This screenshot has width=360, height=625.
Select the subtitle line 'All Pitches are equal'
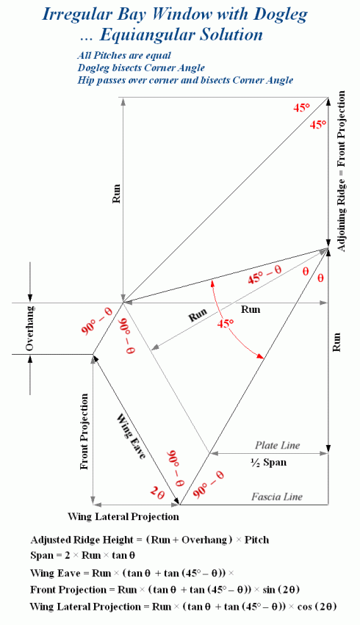point(124,56)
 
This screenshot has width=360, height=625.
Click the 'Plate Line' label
point(278,445)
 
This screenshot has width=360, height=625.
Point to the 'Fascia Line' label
point(277,496)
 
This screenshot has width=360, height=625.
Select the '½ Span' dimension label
point(268,463)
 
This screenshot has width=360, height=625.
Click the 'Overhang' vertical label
point(29,328)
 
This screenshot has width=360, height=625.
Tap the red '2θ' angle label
point(157,494)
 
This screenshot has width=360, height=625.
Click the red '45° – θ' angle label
point(264,275)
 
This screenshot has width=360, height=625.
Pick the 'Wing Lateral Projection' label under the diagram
point(123,517)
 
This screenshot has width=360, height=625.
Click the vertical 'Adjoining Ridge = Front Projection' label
point(341,171)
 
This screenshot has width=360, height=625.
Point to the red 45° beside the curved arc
point(226,324)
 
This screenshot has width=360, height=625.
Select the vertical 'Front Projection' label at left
point(84,432)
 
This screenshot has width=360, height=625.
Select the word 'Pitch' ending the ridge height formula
point(256,540)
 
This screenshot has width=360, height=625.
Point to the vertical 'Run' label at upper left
point(116,194)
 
